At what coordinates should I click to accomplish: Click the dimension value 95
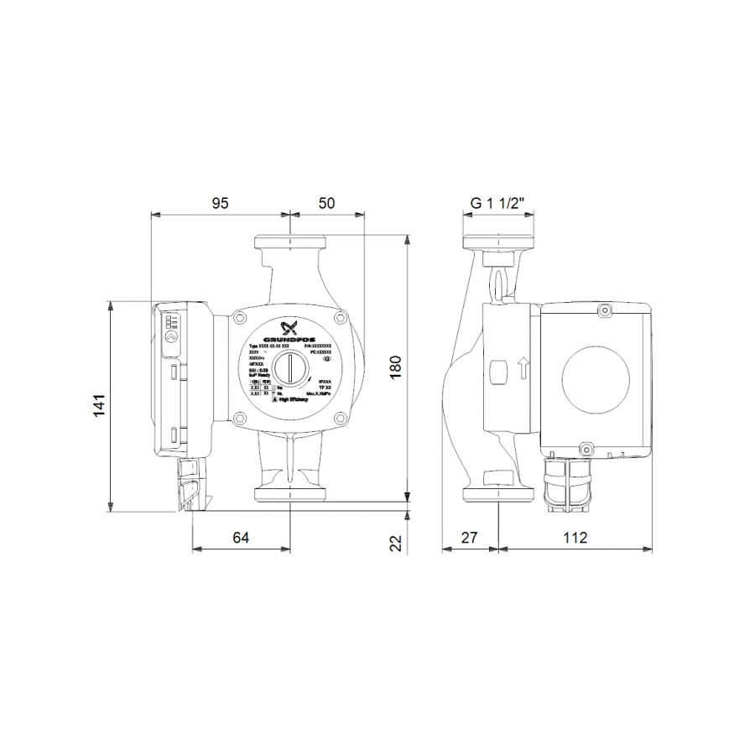219,203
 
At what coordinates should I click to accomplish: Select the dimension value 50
326,203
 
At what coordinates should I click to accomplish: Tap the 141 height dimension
100,405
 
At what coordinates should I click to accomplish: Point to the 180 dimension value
395,367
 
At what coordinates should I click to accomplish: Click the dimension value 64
241,538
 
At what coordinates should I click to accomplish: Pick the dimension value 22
395,543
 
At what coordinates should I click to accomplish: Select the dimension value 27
471,538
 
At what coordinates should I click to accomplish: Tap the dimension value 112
575,538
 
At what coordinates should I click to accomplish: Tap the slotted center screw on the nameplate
289,367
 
